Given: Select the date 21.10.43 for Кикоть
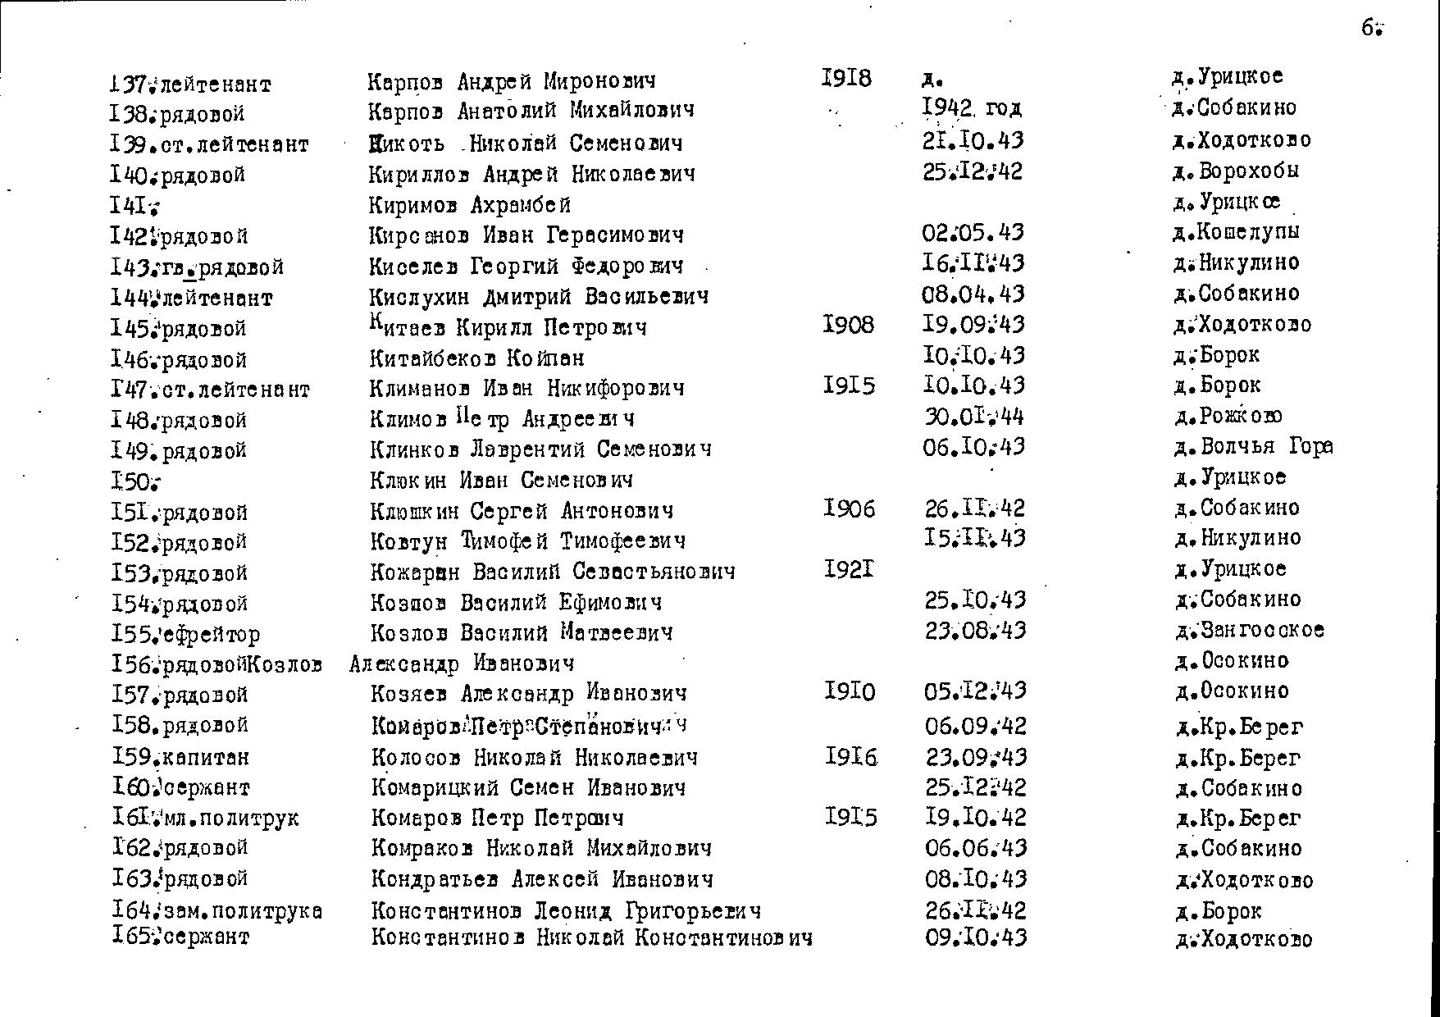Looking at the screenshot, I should tap(973, 140).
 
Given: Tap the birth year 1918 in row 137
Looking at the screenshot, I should tap(846, 78).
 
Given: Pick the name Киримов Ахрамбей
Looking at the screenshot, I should tap(469, 204).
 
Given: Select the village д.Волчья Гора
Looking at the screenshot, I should tap(1253, 446).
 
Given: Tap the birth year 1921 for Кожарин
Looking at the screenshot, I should tap(849, 568).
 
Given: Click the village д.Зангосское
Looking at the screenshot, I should tap(1249, 630).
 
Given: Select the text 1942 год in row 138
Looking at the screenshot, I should tap(972, 108).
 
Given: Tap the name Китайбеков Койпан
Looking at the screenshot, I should tap(477, 358).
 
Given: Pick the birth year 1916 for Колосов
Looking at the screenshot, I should tap(851, 755).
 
